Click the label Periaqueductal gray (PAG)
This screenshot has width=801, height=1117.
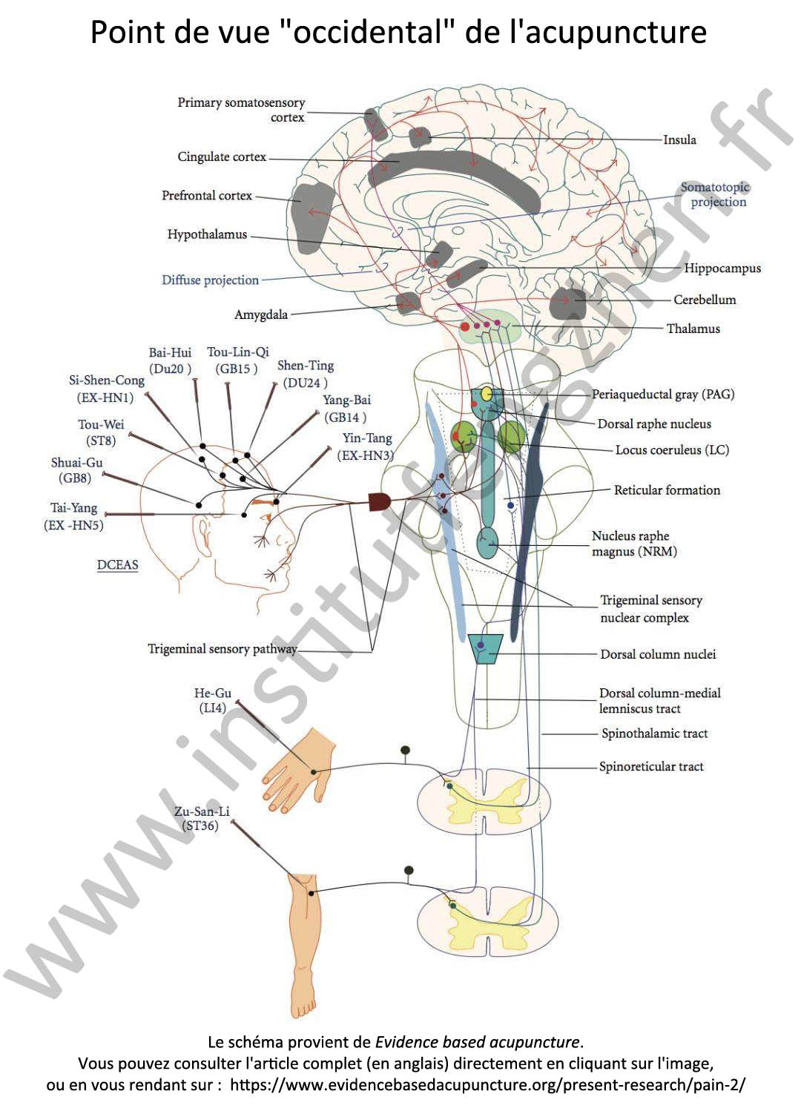tap(662, 395)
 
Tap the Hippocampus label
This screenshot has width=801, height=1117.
tap(722, 268)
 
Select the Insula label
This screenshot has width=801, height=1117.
tap(679, 139)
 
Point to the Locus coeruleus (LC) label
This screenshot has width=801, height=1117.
tap(671, 450)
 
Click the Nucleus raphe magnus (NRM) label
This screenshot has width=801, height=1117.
tap(633, 544)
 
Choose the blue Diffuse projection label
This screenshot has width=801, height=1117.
tap(210, 280)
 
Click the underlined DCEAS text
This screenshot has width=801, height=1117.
tap(117, 565)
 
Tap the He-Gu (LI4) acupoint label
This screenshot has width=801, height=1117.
tap(212, 700)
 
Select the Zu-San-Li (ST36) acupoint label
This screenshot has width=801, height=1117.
tap(202, 818)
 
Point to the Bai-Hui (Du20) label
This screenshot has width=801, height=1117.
tap(170, 360)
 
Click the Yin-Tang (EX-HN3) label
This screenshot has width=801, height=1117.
tap(366, 447)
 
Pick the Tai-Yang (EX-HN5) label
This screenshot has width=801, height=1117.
tap(73, 516)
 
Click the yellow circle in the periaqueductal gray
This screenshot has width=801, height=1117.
tap(487, 394)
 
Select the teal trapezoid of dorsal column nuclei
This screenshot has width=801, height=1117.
tap(485, 648)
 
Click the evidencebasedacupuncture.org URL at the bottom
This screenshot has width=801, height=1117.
tap(487, 1084)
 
